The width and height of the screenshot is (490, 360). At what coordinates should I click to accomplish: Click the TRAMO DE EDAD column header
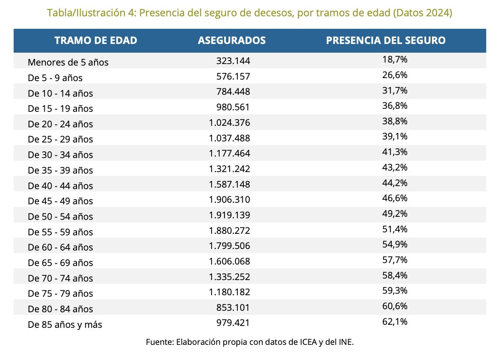(96, 41)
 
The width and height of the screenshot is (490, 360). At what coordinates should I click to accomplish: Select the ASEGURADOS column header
(232, 41)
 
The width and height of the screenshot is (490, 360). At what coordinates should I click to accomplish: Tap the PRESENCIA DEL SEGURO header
(386, 41)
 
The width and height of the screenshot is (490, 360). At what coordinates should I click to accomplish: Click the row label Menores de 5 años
(68, 62)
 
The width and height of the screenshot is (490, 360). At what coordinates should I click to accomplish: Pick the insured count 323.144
(233, 61)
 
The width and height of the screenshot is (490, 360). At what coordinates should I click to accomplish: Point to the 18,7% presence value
(395, 59)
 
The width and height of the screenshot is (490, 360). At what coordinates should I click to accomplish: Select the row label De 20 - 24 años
(60, 124)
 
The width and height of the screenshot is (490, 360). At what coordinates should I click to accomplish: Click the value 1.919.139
(229, 215)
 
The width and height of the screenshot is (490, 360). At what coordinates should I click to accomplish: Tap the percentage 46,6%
(395, 198)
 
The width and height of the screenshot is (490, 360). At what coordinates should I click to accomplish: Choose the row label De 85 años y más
(65, 325)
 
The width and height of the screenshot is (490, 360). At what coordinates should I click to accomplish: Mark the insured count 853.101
(233, 307)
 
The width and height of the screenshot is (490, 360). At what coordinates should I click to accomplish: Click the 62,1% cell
(395, 322)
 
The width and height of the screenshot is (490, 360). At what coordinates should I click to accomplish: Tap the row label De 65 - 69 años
(60, 263)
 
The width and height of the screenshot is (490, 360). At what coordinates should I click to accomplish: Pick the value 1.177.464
(229, 153)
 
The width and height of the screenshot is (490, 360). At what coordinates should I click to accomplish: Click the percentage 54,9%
(395, 244)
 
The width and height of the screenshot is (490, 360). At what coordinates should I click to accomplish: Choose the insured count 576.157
(233, 76)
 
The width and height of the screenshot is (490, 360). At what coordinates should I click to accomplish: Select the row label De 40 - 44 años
(60, 186)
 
